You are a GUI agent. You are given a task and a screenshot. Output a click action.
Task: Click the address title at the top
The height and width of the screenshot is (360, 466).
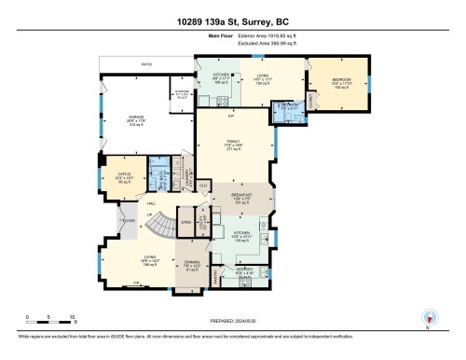pyautogui.click(x=232, y=21)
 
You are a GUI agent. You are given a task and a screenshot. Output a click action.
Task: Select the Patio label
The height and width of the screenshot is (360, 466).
pyautogui.click(x=146, y=64)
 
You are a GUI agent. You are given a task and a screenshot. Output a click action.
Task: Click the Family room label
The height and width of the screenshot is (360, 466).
pyautogui.click(x=235, y=145)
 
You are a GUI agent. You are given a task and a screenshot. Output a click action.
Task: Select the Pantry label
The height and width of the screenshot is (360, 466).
pyautogui.click(x=212, y=276)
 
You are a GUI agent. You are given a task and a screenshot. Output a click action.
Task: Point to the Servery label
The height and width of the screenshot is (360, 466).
pyautogui.click(x=244, y=271)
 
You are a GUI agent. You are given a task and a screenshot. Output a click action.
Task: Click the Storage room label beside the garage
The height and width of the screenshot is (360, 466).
pyautogui.click(x=182, y=93)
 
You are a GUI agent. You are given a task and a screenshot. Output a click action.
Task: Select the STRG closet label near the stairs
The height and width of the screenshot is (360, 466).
pyautogui.click(x=186, y=222)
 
